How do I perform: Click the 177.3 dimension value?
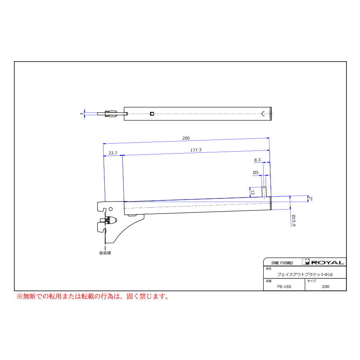196,150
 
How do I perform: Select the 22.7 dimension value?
113,153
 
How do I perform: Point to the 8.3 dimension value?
257,160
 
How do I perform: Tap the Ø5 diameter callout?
256,172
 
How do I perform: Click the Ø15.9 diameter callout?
294,220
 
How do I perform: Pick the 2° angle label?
310,198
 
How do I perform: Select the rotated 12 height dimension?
252,192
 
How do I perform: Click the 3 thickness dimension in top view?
82,114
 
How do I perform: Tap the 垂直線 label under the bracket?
105,253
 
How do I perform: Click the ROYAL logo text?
328,262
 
